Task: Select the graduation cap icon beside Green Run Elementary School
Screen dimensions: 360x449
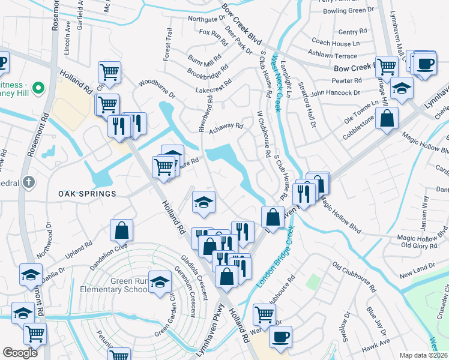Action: click(160, 283)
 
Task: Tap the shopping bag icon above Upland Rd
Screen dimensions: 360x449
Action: click(121, 230)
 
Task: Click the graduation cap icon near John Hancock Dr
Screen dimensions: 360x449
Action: click(402, 89)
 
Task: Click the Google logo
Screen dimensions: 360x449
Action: click(20, 353)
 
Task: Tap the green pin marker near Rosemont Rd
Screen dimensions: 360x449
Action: click(39, 88)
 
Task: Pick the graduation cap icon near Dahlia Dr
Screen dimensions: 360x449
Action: click(31, 274)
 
